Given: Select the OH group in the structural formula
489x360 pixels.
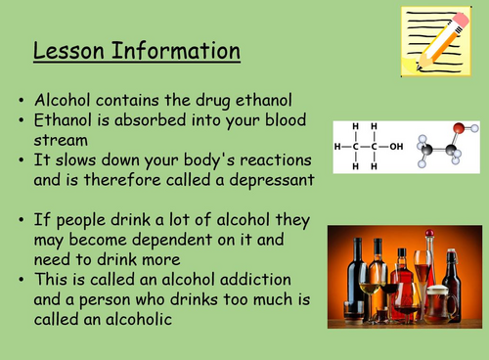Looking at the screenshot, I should click(x=395, y=147).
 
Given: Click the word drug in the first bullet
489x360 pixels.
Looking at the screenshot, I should click(x=207, y=100).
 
